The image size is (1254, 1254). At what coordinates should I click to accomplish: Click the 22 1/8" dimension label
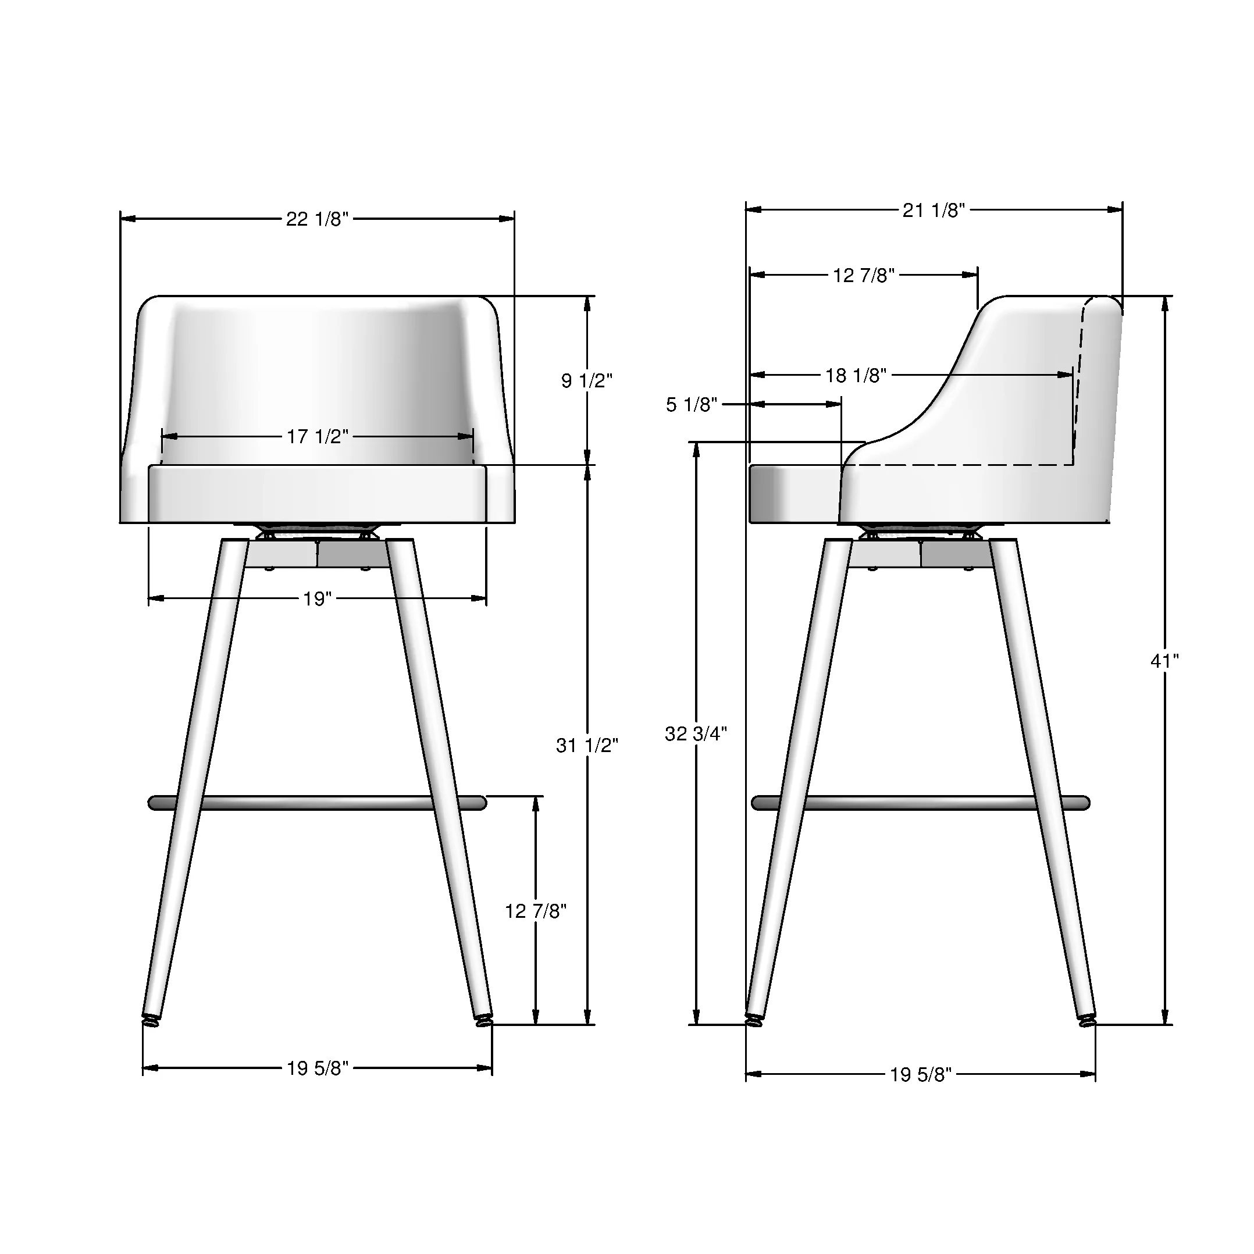(x=318, y=219)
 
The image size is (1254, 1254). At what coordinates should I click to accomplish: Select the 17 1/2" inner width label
(x=318, y=437)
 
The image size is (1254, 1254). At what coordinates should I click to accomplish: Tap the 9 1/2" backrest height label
(x=587, y=381)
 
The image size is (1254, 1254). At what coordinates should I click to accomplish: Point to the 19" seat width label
(x=318, y=599)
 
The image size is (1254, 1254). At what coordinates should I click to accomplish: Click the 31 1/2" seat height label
(x=587, y=746)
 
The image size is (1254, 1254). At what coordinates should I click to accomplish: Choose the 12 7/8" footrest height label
(x=536, y=912)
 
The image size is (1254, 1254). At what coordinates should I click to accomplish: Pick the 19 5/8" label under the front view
(x=318, y=1069)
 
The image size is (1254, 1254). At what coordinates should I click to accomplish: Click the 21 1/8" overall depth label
(x=934, y=211)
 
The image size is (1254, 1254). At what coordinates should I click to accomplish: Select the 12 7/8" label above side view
(x=863, y=276)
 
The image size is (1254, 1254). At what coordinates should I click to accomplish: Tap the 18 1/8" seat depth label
(x=856, y=376)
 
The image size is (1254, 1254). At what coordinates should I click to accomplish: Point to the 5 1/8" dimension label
(x=691, y=405)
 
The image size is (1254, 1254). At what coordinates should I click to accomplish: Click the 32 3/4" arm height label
(x=696, y=734)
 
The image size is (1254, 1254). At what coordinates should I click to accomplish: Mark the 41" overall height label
(x=1164, y=661)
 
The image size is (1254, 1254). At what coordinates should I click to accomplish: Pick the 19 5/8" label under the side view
(x=920, y=1075)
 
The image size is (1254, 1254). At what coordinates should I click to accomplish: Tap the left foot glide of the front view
(x=151, y=1023)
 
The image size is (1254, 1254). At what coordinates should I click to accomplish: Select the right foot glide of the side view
(x=1086, y=1023)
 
